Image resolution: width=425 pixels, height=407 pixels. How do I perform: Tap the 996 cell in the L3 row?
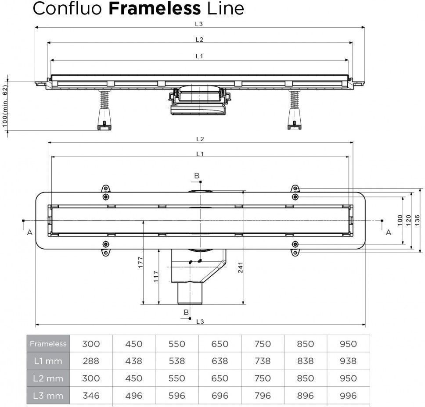pos(348,396)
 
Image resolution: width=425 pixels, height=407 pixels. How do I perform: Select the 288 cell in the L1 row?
pos(91,361)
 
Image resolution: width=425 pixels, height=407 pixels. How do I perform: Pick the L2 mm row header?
pos(48,378)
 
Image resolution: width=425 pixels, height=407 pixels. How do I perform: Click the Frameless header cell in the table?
pos(48,344)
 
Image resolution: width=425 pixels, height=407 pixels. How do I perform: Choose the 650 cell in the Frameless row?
pos(220,344)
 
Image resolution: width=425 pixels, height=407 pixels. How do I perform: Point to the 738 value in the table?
pos(262,361)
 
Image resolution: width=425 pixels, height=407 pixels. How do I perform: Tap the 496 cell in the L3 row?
pos(133,396)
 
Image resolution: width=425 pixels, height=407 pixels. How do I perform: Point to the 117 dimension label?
pos(156,276)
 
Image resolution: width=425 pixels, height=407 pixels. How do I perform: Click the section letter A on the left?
pos(29,232)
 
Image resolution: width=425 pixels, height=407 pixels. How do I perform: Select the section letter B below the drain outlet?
pos(186,312)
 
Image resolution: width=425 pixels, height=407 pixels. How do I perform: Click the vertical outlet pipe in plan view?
pos(189,293)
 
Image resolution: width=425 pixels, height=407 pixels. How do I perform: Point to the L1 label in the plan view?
pos(200,154)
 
